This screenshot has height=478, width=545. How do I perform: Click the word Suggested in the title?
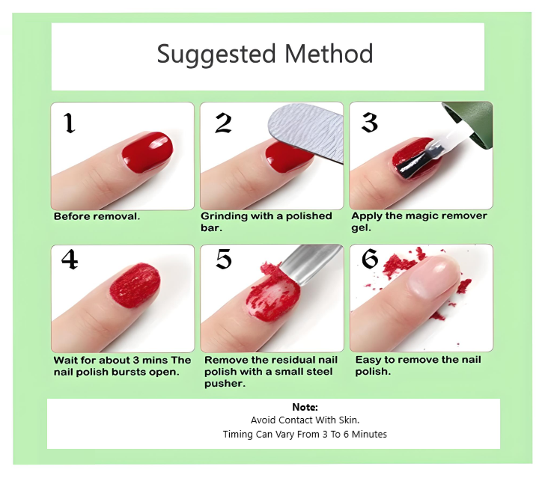click(216, 55)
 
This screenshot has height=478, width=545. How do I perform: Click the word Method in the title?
click(329, 54)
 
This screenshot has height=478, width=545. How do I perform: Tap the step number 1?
click(70, 123)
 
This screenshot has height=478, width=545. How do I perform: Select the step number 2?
click(223, 123)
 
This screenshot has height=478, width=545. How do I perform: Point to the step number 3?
click(370, 123)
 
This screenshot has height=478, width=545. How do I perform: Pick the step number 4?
click(70, 259)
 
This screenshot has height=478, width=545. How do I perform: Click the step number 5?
click(224, 259)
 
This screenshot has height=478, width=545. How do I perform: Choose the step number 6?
click(370, 259)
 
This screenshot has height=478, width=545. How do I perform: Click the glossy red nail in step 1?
click(147, 151)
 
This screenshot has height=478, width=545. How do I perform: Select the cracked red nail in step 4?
click(135, 286)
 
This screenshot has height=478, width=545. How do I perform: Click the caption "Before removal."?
click(97, 216)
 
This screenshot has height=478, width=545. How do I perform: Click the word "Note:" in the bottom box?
click(305, 407)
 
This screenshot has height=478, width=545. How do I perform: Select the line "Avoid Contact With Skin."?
click(305, 420)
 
